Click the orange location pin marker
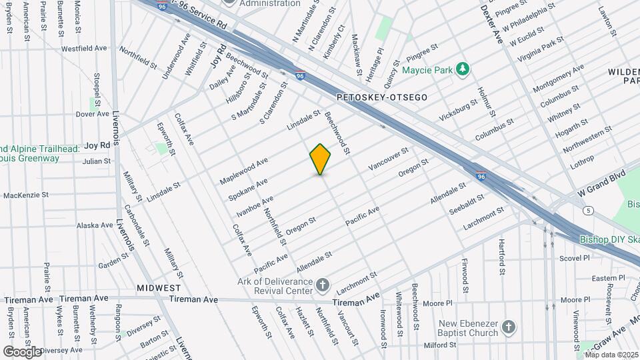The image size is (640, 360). (x=321, y=159)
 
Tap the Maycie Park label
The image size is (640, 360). (x=427, y=69)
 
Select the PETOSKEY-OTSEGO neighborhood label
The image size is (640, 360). (x=381, y=97)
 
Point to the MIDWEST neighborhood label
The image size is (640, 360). (x=159, y=287)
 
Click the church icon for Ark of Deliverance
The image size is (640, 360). (x=323, y=286)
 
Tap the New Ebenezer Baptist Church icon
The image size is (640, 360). (x=509, y=327)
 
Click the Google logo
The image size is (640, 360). (x=22, y=351)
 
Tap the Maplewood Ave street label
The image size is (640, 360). (x=244, y=171)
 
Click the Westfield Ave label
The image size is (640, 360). (x=84, y=49)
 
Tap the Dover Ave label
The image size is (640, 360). (x=92, y=114)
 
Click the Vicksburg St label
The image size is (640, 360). (x=459, y=111)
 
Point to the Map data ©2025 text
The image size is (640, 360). (x=611, y=354)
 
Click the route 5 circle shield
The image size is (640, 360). (x=588, y=211)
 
